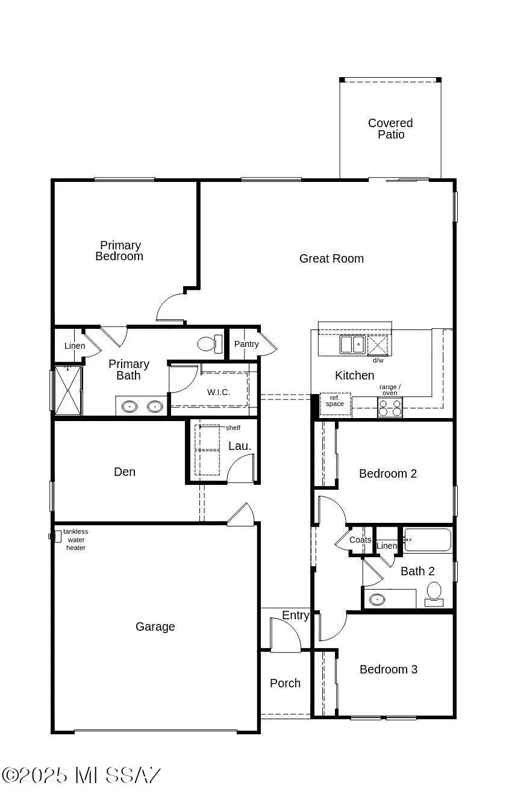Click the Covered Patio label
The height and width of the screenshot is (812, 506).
390,129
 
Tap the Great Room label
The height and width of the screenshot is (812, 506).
331,258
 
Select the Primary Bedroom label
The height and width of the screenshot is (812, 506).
119,251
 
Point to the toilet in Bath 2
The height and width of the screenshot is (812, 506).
434,593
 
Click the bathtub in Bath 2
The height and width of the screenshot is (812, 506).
428,540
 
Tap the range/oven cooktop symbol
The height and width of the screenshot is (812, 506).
389,408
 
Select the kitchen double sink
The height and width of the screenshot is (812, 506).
352,345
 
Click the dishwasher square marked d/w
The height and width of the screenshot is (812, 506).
378,345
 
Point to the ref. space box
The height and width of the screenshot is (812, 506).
335,403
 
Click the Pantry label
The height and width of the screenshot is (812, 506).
246,344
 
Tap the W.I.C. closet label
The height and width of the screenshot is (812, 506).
219,392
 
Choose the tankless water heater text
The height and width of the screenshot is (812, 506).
76,539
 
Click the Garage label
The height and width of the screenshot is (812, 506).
155,626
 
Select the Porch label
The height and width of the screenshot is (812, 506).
285,683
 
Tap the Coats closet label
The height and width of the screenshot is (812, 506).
360,540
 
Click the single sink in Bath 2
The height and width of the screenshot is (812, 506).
378,599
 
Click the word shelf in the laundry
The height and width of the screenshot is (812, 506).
233,428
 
